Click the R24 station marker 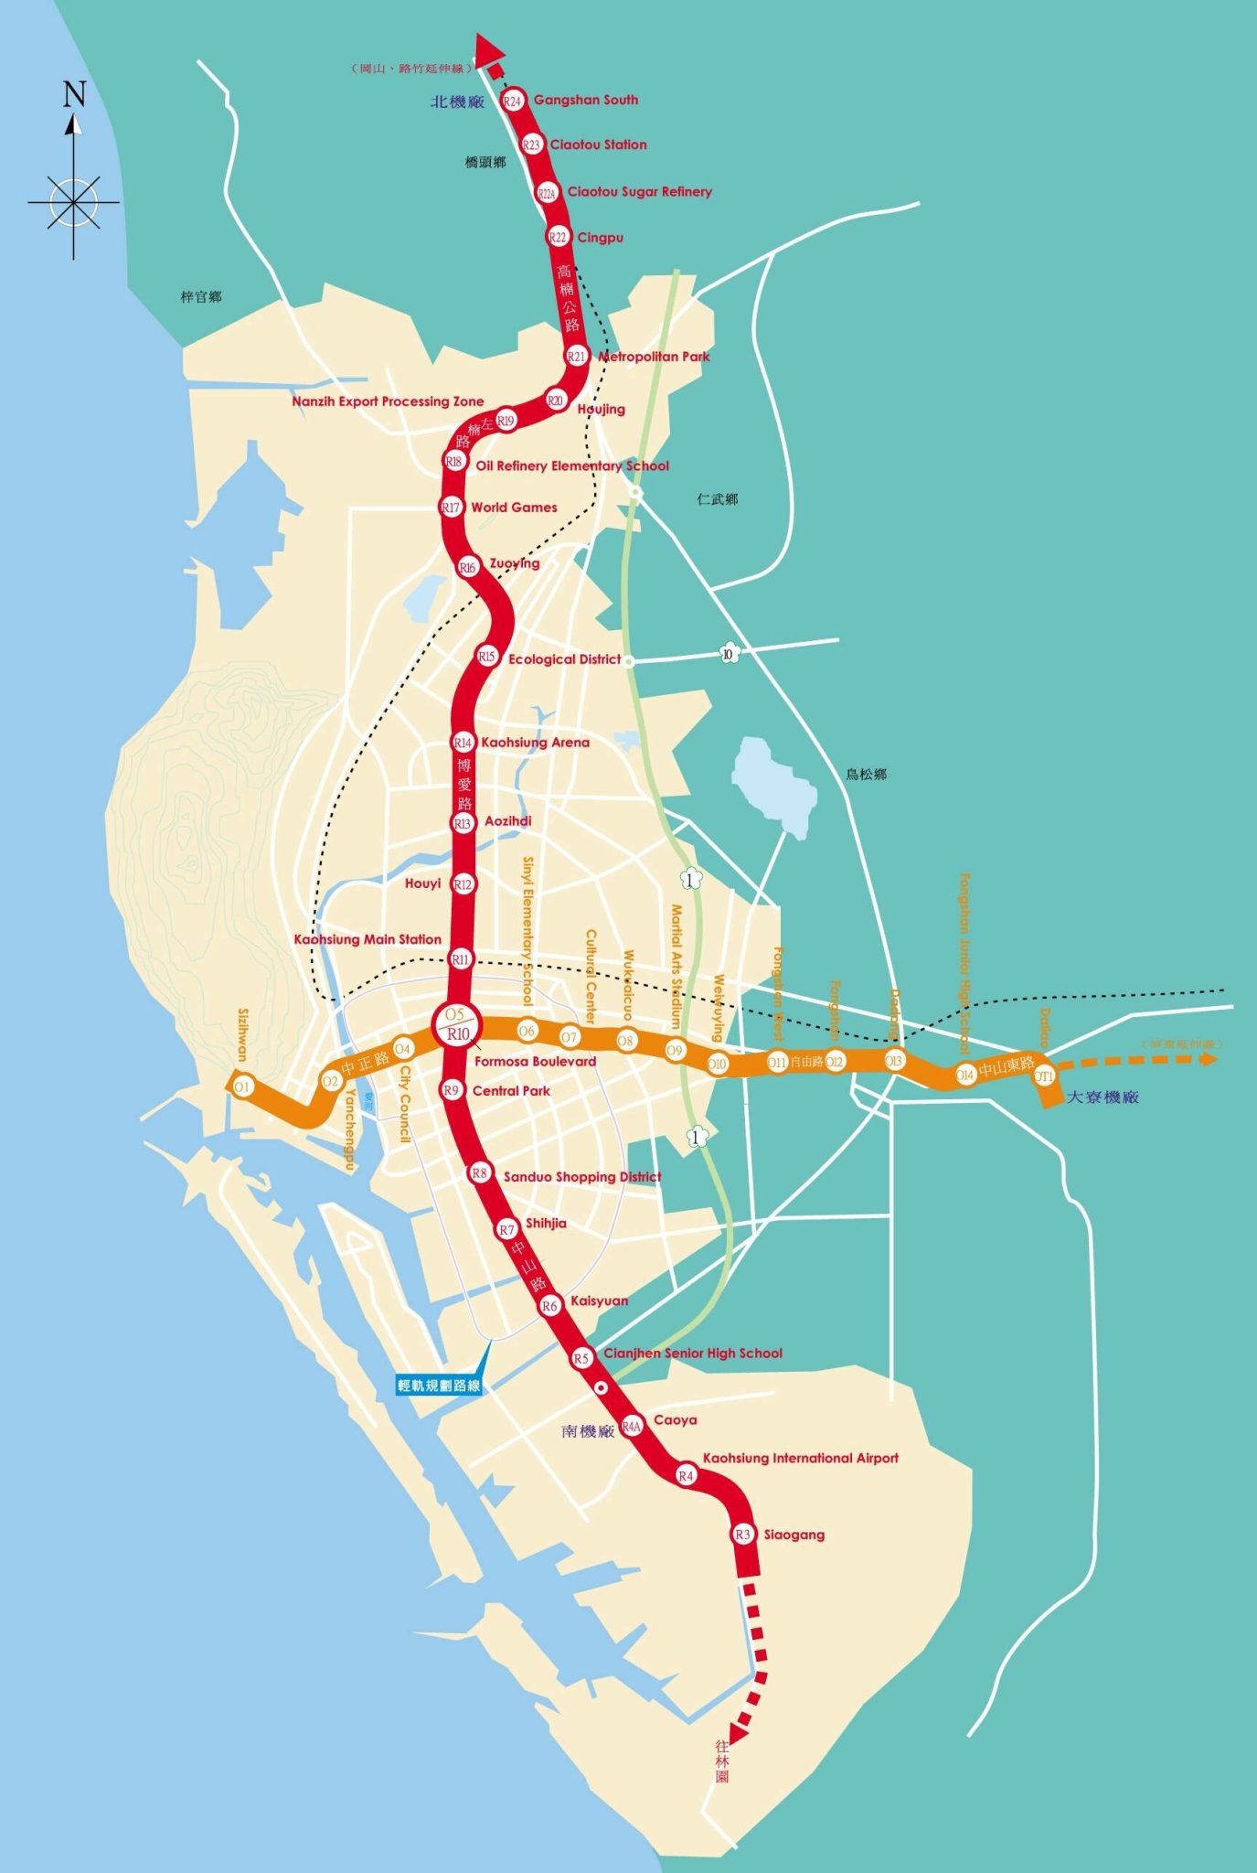tap(512, 101)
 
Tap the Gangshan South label tap(585, 100)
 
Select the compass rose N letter tap(74, 93)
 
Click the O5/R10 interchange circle tap(456, 1024)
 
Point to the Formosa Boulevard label tap(535, 1062)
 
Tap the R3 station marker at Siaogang tap(743, 1535)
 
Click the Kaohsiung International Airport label tap(800, 1459)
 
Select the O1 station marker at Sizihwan tap(242, 1086)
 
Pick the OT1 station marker tap(1044, 1076)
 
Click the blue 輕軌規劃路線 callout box tap(439, 1386)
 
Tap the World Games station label tap(514, 508)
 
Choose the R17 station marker tap(451, 507)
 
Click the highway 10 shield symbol tap(728, 653)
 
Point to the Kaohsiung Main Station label tap(368, 939)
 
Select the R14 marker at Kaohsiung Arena tap(463, 743)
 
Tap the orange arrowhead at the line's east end tap(1209, 1059)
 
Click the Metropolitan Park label tap(654, 357)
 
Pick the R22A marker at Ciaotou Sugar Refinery tap(547, 193)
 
